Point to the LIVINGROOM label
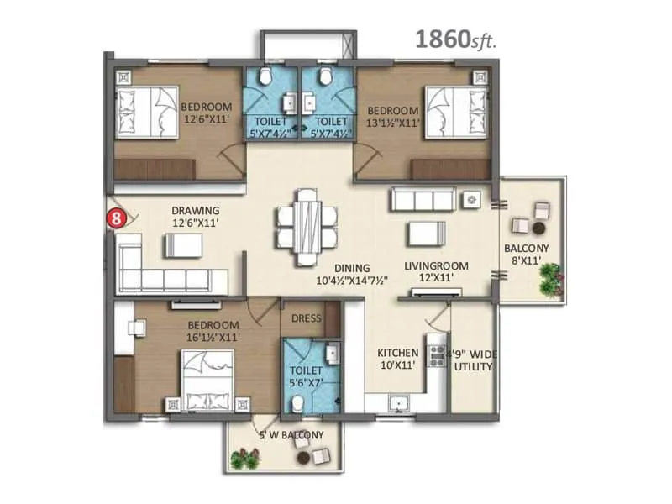[x=436, y=266]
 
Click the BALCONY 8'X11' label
[x=526, y=255]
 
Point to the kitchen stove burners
[x=437, y=354]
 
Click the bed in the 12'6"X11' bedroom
[x=139, y=109]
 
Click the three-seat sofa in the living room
[x=423, y=200]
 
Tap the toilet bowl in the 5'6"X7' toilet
[x=296, y=404]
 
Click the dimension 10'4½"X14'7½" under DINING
[x=351, y=281]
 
